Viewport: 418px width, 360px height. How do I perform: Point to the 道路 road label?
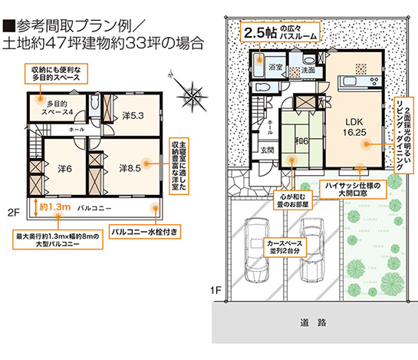coord(310,321)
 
